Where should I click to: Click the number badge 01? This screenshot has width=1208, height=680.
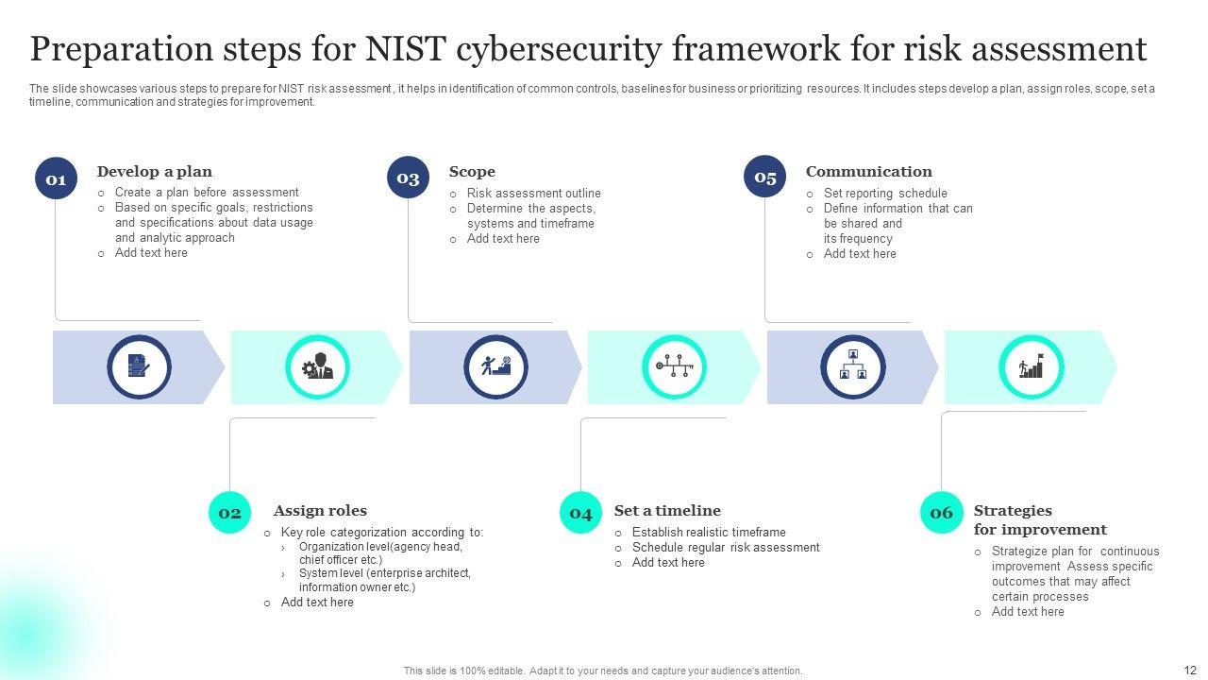tap(56, 178)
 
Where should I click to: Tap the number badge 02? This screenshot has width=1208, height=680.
tap(229, 513)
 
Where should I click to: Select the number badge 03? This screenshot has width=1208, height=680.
tap(408, 178)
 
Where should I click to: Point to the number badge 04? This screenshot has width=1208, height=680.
tap(580, 513)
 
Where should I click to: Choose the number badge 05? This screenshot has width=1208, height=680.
tap(764, 177)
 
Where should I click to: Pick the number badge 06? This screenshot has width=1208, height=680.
tap(941, 513)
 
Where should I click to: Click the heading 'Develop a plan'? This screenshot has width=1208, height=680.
tap(154, 172)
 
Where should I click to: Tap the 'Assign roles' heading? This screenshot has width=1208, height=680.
tap(320, 511)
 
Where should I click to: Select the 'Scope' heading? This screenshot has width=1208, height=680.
tap(472, 172)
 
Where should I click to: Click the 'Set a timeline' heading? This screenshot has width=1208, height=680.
tap(667, 511)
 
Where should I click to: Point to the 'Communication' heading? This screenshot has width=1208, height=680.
tap(868, 172)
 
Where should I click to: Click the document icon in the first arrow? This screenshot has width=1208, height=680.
tap(139, 366)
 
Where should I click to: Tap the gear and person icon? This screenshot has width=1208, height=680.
tap(317, 366)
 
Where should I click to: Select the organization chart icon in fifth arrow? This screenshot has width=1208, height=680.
tap(852, 366)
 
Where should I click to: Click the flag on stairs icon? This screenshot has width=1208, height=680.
tap(1031, 366)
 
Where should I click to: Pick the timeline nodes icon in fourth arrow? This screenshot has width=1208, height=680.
tap(674, 366)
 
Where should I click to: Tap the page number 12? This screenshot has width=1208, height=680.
tap(1189, 670)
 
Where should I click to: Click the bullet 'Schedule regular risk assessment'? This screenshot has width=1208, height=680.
tap(726, 548)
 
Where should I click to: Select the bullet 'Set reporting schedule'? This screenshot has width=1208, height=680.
tap(885, 194)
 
